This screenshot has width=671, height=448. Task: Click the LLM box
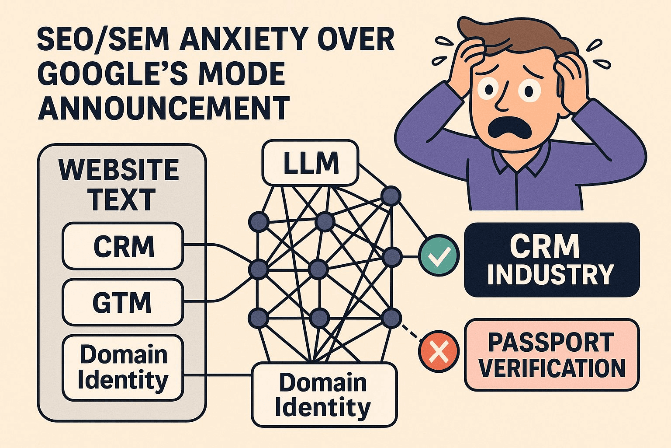(310, 163)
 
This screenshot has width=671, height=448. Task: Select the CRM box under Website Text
(123, 246)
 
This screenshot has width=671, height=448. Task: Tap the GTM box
(123, 302)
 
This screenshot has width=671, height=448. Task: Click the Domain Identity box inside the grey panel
(123, 367)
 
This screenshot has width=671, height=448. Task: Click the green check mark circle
(439, 256)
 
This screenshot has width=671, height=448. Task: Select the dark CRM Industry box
(551, 259)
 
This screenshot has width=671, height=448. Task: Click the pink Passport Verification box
(551, 355)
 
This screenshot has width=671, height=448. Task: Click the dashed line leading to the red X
(411, 330)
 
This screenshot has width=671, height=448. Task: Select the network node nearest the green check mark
(391, 257)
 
